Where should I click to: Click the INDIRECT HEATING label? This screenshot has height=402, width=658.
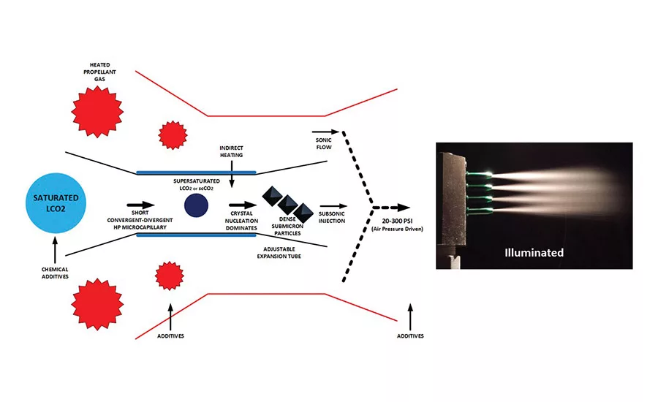tap(231, 151)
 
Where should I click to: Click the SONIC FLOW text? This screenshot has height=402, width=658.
tap(323, 143)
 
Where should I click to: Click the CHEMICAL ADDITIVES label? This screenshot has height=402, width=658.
tap(55, 272)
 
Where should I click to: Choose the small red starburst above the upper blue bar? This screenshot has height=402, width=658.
tap(173, 134)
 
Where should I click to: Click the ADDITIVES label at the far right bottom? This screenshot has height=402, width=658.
tap(409, 336)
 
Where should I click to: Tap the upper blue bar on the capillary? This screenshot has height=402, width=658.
tap(196, 172)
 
